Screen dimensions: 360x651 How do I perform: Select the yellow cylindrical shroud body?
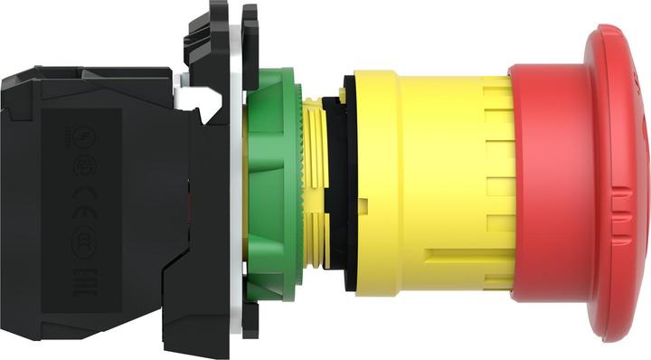pyautogui.click(x=434, y=181)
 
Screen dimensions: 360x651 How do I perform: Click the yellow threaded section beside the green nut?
pyautogui.click(x=315, y=181)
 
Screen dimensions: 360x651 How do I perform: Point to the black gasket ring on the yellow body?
pyautogui.click(x=336, y=181)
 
